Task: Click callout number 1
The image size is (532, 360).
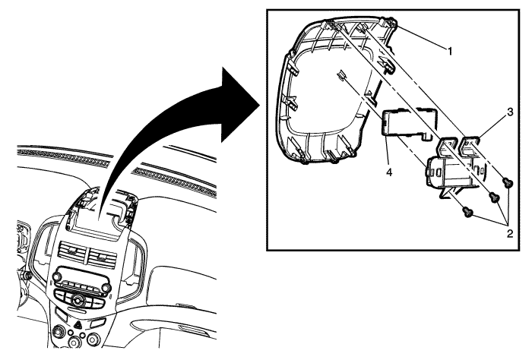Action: [450, 52]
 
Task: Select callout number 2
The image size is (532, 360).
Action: [510, 234]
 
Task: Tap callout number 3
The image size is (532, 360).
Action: [510, 112]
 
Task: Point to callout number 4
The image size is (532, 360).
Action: [389, 172]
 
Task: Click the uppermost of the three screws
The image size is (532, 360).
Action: [508, 183]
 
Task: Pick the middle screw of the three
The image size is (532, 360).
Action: [494, 197]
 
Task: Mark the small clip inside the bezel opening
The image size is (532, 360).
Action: [341, 75]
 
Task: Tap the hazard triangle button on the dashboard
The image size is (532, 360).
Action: [78, 326]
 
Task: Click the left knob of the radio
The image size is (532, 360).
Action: [57, 276]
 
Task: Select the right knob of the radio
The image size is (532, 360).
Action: [106, 288]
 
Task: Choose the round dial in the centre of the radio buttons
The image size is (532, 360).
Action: [78, 300]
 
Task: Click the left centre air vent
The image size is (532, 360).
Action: [72, 251]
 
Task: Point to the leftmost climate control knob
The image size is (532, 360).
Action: [60, 330]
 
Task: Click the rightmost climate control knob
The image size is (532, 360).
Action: [93, 339]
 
